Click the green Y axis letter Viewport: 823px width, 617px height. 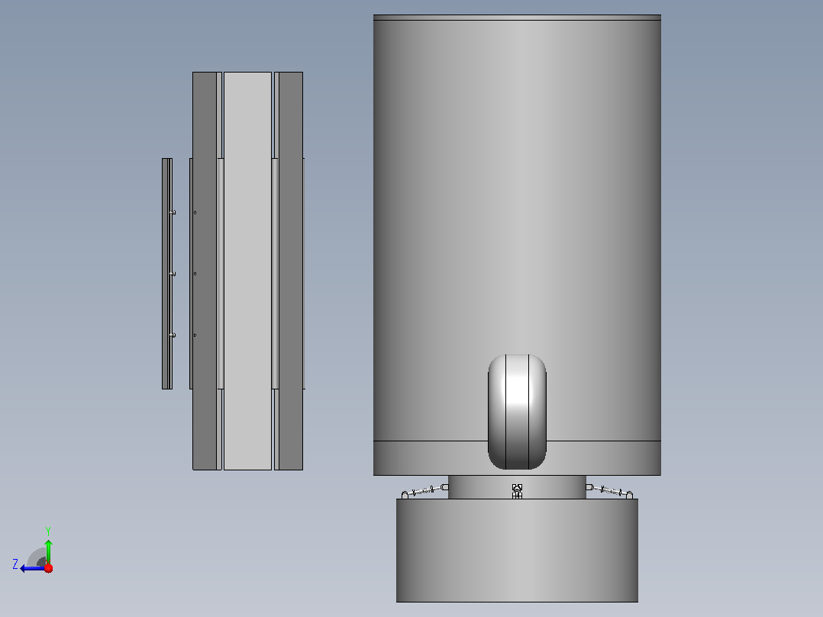(48, 531)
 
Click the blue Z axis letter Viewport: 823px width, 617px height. (15, 564)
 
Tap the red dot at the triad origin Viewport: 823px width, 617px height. (48, 568)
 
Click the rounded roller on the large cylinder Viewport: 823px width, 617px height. (517, 412)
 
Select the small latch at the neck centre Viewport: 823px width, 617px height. (517, 491)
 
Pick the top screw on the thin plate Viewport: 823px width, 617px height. (173, 213)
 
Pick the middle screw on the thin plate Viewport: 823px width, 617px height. (173, 274)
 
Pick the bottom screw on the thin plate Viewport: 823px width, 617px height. (173, 335)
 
